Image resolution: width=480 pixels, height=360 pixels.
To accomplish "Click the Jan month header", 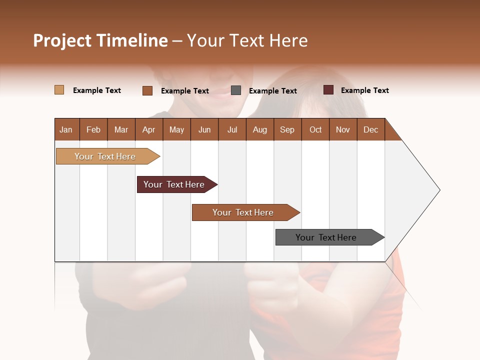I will point(66,129).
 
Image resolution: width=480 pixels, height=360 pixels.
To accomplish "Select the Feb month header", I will point(93,129).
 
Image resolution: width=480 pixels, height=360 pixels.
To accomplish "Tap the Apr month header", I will point(148,129).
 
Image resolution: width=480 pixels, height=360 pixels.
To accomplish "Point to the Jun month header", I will point(204,129).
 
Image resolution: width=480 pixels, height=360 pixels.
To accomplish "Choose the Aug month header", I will point(259,129).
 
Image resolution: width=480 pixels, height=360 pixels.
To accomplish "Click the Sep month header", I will point(287,129).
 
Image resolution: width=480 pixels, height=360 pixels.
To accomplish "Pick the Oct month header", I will point(315,129).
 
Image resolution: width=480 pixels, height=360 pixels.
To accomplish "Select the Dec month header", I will point(370,129).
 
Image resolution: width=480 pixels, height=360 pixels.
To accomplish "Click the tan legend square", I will point(59,90).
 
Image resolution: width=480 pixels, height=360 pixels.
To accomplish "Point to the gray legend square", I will point(236,90).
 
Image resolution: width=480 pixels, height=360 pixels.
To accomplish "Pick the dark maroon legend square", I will point(328,90).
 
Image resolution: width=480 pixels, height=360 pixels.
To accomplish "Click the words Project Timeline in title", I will point(100,40).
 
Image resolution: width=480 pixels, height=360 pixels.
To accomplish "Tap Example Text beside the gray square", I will point(272,91).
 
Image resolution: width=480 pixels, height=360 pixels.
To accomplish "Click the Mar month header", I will point(121,129).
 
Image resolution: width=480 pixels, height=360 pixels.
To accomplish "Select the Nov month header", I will point(342,129).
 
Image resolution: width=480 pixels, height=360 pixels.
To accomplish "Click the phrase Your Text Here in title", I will point(247,40).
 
